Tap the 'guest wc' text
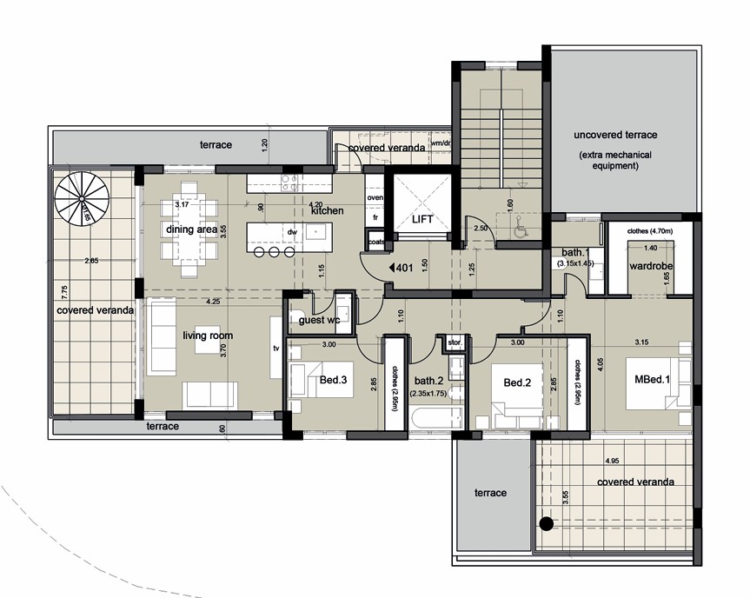pos(319,321)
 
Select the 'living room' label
pos(207,336)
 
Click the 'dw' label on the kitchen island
pos(294,232)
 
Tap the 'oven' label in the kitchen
pos(375,198)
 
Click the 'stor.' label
pos(455,342)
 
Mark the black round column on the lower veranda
pos(545,523)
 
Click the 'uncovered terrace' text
pos(615,136)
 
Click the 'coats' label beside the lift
pos(375,242)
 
